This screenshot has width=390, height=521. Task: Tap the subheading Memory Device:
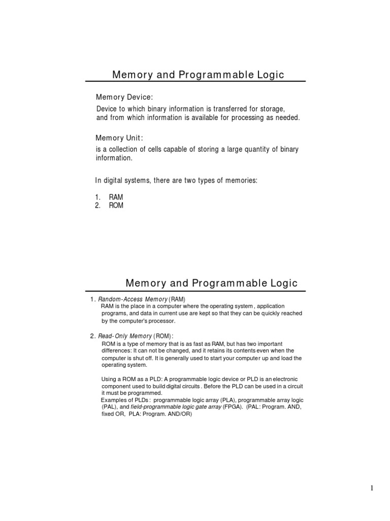pos(124,97)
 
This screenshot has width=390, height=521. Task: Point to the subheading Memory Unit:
pos(119,138)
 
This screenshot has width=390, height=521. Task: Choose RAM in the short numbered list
pos(116,197)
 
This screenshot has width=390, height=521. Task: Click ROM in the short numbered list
pos(116,206)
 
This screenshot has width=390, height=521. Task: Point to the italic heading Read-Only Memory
pos(125,336)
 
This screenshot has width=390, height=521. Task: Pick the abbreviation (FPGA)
pos(234,407)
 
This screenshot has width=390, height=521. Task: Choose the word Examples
pos(114,400)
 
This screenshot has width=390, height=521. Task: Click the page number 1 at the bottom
pos(372,488)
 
